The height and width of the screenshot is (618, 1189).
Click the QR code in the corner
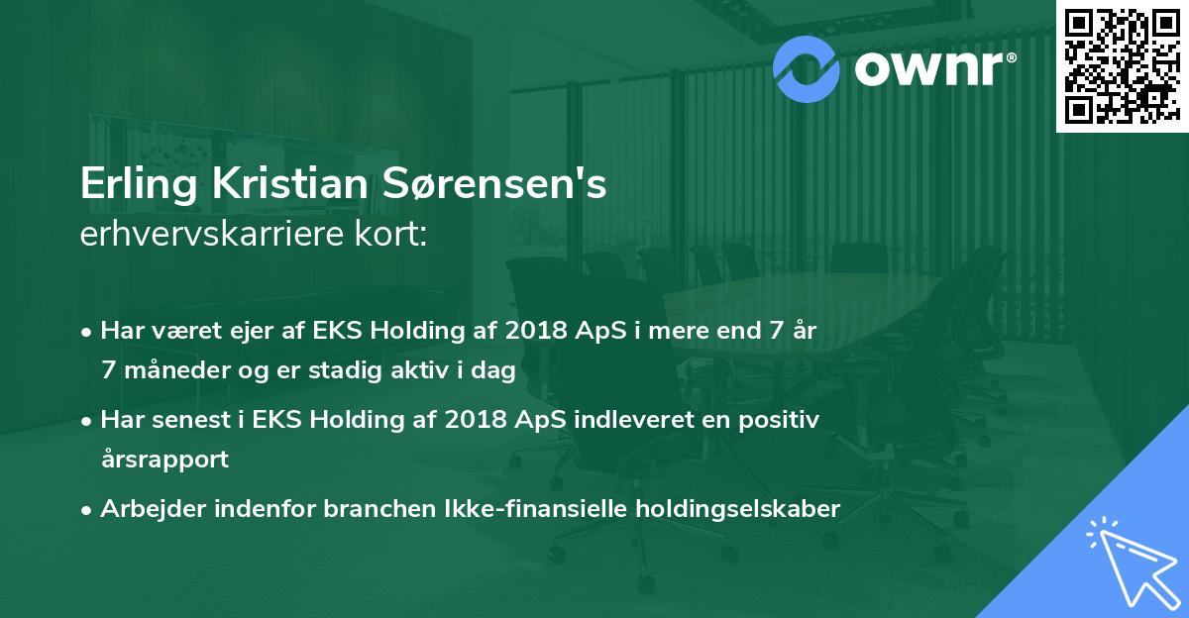coord(1120,65)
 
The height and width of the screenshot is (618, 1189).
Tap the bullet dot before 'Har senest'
coord(88,421)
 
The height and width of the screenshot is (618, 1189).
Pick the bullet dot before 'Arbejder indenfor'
coord(88,510)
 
